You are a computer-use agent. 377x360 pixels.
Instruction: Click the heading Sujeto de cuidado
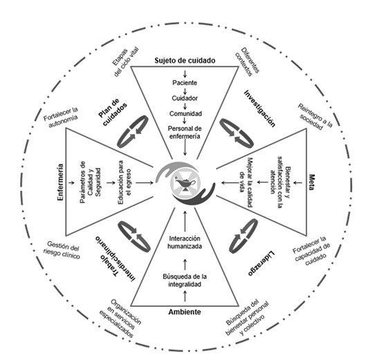(185, 61)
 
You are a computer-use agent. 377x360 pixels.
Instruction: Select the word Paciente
(185, 83)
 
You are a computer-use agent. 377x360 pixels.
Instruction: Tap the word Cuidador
(185, 98)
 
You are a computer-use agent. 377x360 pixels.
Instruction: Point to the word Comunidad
(185, 113)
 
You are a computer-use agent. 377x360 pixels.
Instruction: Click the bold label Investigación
(259, 108)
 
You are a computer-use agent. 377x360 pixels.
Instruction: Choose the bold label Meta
(311, 182)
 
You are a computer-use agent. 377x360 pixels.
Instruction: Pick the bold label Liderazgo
(261, 263)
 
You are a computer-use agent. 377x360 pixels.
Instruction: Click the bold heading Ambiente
(185, 312)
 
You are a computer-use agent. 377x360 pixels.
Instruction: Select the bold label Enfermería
(60, 182)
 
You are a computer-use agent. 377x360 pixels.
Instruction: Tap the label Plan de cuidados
(113, 112)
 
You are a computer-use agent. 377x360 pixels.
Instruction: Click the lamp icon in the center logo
(185, 184)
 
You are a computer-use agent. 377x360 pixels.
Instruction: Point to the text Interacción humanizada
(185, 243)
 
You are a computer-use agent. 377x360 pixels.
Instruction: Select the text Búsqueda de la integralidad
(185, 281)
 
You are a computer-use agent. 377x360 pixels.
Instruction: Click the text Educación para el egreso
(125, 182)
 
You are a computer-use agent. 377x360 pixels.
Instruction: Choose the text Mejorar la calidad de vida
(246, 182)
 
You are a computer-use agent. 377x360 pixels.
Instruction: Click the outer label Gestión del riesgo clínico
(62, 250)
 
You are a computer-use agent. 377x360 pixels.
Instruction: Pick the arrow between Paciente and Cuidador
(185, 91)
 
